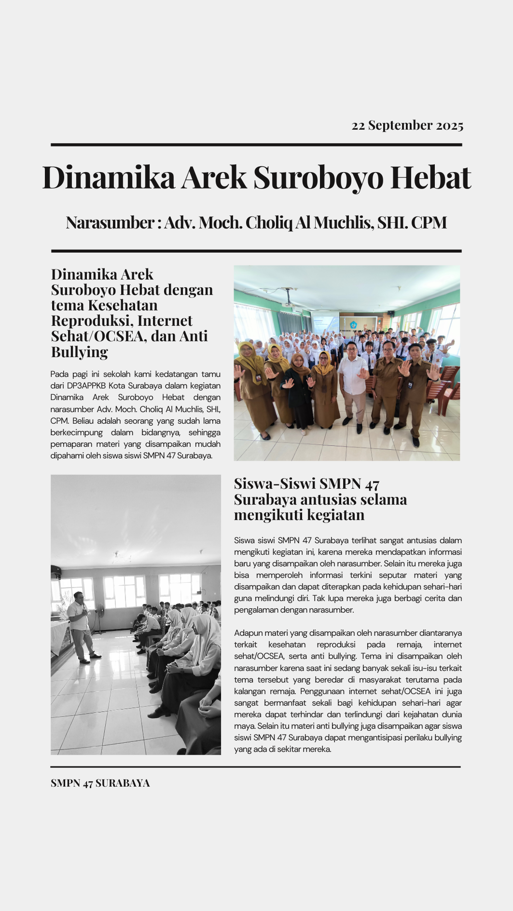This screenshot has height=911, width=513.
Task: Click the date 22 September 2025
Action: coord(407,125)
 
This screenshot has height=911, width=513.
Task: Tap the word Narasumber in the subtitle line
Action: coord(110,223)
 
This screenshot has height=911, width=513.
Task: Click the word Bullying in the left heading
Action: coord(80,352)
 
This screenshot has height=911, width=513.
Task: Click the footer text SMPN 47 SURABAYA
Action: coord(100,783)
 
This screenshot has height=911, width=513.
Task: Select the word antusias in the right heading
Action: coord(329,499)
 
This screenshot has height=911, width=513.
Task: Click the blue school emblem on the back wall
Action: coord(353,325)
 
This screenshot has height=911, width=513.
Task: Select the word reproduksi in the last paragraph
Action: coord(336,644)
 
